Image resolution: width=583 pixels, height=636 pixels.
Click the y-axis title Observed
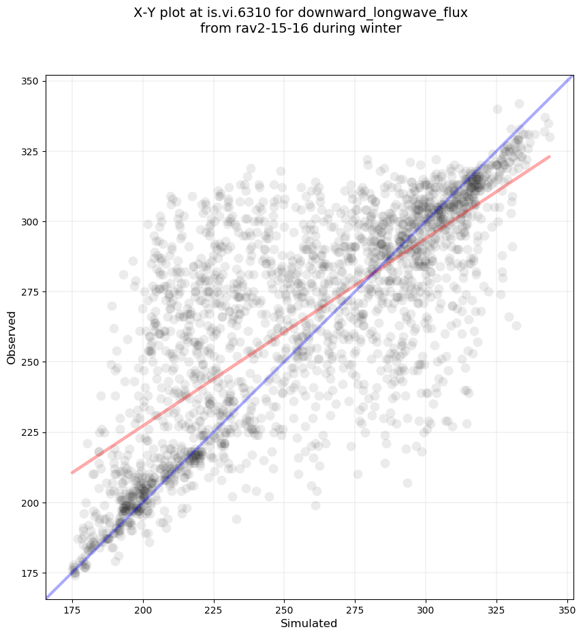point(12,337)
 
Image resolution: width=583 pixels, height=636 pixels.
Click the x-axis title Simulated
point(309,624)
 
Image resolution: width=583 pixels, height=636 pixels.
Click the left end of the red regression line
point(72,473)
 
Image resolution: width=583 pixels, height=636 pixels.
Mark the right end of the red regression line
point(550,157)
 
